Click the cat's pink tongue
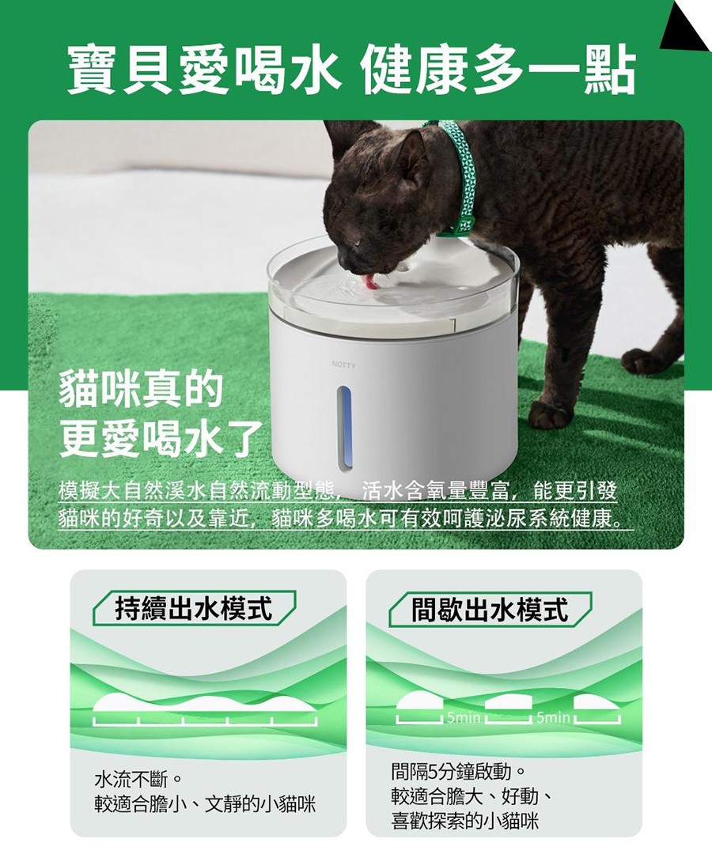click(372, 281)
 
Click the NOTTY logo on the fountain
click(343, 365)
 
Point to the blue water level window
click(344, 427)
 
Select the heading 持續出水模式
click(194, 608)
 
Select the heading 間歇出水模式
click(490, 608)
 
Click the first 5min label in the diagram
click(463, 717)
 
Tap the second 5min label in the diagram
click(552, 717)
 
